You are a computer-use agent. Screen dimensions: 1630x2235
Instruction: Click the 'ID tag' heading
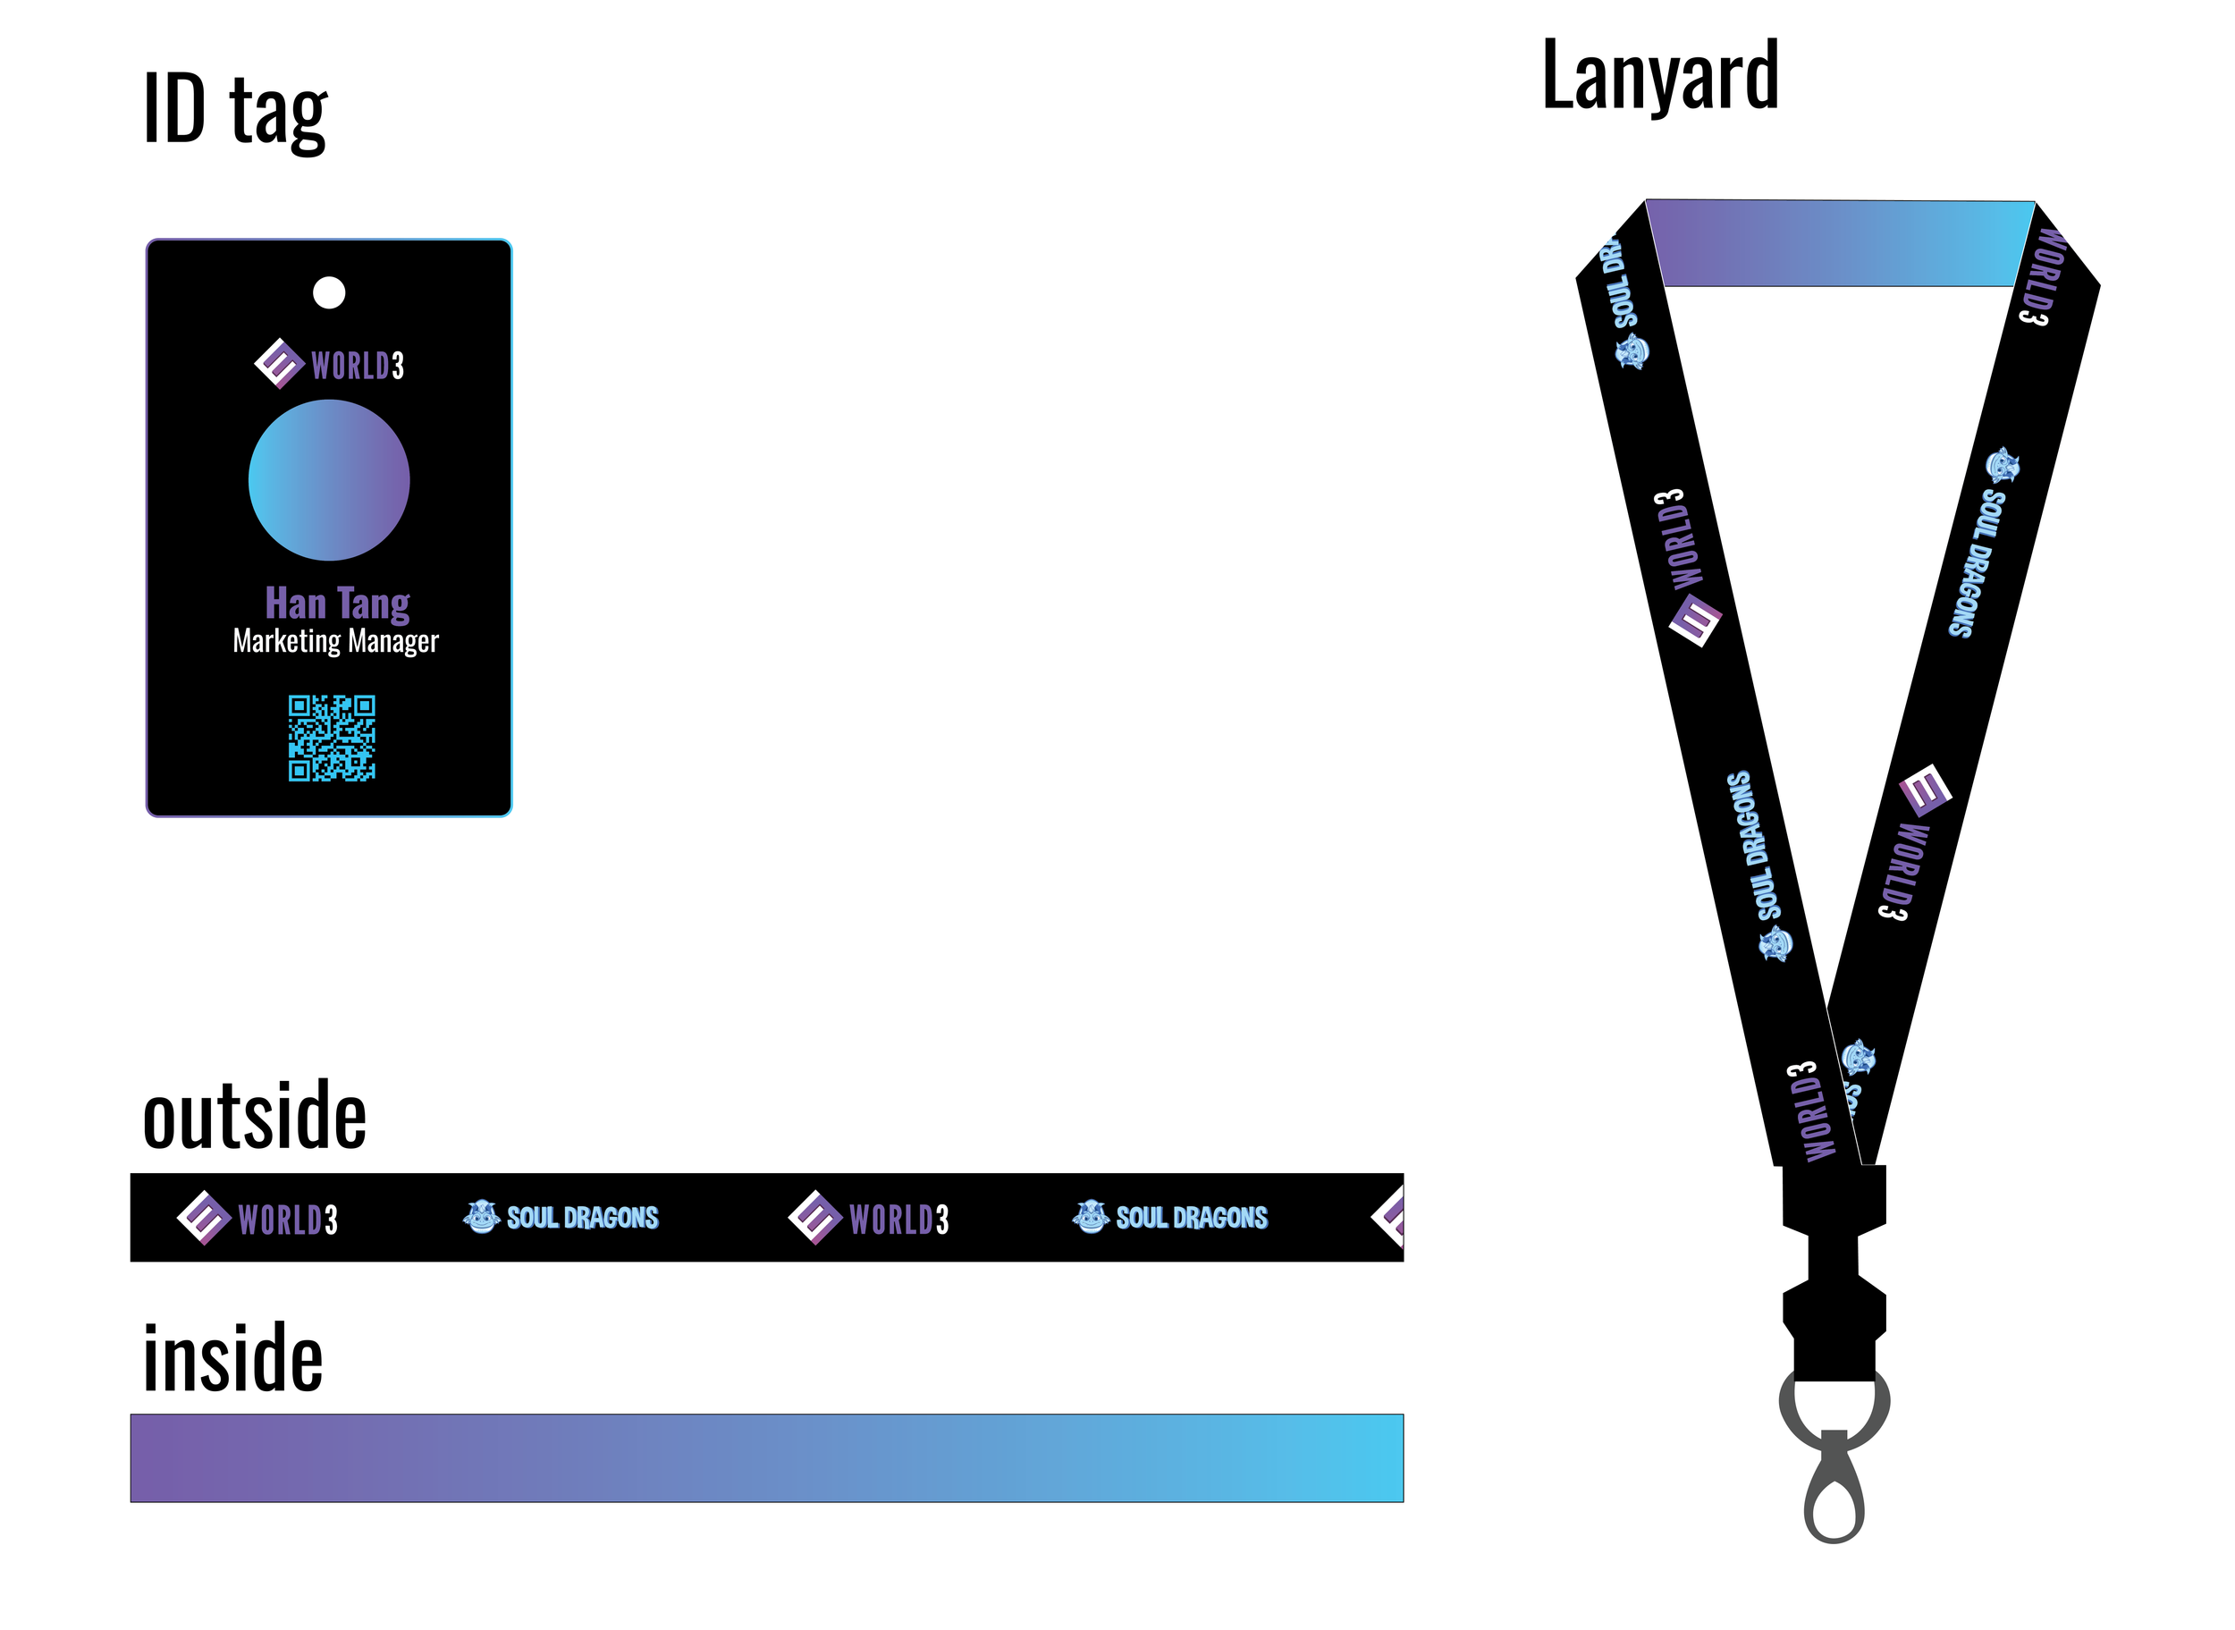pos(235,111)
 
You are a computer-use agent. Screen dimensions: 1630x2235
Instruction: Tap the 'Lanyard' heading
pos(1659,77)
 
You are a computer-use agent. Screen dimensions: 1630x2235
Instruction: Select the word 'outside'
pos(255,1116)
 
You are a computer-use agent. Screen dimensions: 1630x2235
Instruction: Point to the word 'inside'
pos(232,1359)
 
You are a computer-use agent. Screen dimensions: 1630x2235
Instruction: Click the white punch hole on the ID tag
pos(328,293)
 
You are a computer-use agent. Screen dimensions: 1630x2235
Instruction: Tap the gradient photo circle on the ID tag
pos(328,480)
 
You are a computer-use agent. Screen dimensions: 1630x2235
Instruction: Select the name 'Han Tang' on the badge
pos(337,603)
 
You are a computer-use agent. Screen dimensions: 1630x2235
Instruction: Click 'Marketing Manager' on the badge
pos(335,641)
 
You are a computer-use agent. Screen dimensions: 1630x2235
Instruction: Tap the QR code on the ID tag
pos(332,738)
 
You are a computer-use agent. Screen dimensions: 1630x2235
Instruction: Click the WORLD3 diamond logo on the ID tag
pos(279,364)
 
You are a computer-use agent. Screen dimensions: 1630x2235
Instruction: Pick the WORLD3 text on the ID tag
pos(357,366)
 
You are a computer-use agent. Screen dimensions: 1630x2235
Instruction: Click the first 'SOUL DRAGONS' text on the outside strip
pos(582,1218)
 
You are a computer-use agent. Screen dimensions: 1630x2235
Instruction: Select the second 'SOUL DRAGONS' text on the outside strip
pos(1192,1218)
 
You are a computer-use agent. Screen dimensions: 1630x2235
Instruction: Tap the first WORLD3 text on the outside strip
pos(288,1220)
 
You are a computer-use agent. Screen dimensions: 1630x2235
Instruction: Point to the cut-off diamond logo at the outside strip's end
pos(1390,1217)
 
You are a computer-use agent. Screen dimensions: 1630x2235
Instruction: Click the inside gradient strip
pos(766,1457)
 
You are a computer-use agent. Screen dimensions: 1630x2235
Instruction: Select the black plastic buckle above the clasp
pos(1834,1273)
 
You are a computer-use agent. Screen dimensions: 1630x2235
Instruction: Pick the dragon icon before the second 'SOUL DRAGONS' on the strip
pos(1090,1217)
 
